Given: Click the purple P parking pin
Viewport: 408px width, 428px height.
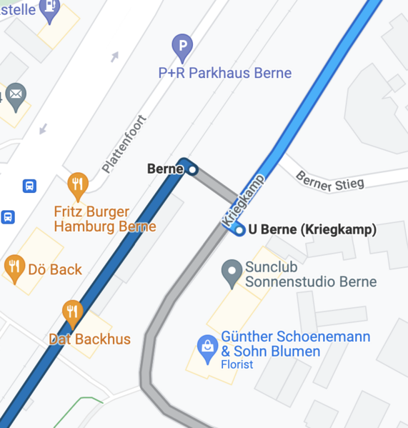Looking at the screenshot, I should [183, 48].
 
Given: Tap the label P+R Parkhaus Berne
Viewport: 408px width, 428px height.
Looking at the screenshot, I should [225, 73].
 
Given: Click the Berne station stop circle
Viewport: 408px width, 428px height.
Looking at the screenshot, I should [191, 169].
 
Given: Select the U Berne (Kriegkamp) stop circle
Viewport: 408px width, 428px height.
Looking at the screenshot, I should [239, 229].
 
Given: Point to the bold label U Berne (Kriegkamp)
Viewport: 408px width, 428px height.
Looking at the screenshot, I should [312, 229].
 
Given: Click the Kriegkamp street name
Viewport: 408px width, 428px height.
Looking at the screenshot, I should [243, 201].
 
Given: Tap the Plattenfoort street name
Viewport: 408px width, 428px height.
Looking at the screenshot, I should [124, 144].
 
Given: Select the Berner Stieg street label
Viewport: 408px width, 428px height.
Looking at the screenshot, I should [329, 181].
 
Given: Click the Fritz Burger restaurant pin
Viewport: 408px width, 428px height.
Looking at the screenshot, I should [78, 185].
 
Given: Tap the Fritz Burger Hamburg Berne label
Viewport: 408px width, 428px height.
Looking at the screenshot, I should [104, 219].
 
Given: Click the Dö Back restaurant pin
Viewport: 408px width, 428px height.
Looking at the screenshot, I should [14, 268].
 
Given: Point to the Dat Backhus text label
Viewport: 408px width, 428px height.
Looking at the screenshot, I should [89, 339].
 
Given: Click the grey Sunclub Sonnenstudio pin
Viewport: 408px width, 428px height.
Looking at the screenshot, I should [231, 272].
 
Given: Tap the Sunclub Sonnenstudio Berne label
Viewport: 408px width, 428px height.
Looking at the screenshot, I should [310, 274].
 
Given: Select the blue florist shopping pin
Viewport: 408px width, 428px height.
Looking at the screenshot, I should [207, 347].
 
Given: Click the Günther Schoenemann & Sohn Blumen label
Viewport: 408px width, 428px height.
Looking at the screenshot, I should [295, 344].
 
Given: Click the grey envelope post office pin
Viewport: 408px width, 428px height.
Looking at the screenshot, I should [16, 94].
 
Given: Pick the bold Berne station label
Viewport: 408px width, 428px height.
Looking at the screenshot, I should [165, 169].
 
